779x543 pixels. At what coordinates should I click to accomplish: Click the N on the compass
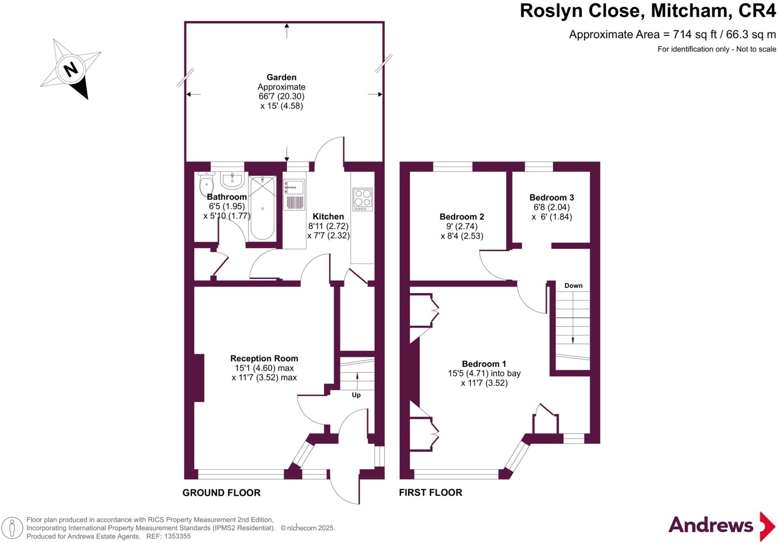click(71, 70)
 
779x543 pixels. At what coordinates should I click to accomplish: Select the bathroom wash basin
click(232, 181)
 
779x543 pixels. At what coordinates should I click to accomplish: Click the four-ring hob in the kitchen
click(362, 199)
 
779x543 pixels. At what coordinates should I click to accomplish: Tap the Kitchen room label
click(328, 216)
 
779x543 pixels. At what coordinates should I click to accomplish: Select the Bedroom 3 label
click(551, 197)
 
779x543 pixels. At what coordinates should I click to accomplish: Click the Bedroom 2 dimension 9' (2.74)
click(462, 226)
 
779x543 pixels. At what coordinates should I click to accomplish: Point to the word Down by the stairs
click(573, 286)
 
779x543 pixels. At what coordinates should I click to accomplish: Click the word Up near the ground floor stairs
click(356, 395)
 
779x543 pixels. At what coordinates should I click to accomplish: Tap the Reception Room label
click(264, 358)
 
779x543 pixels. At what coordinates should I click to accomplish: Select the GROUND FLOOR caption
click(221, 493)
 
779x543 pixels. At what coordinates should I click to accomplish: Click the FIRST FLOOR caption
click(430, 492)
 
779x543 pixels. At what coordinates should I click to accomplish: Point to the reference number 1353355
click(176, 537)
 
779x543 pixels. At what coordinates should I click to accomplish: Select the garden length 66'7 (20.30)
click(281, 97)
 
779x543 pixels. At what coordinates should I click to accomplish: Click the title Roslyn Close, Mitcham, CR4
click(647, 11)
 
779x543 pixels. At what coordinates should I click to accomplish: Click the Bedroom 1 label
click(484, 364)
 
